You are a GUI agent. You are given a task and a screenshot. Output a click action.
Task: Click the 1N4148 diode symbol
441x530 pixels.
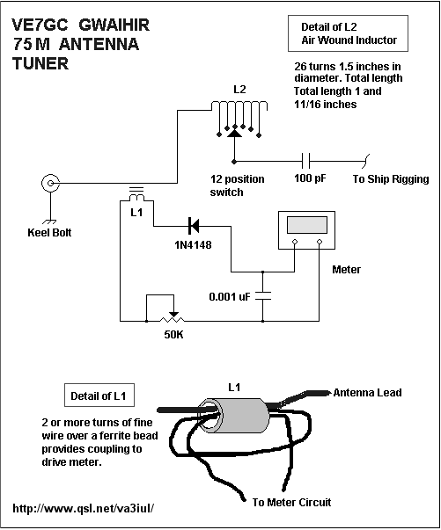195,226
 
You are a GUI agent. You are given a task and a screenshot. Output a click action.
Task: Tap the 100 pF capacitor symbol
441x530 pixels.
306,161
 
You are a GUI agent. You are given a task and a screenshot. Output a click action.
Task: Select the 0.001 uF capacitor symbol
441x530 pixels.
263,295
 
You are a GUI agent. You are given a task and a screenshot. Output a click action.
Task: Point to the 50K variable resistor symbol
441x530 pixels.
173,319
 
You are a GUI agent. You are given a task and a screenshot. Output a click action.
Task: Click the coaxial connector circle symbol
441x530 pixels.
51,183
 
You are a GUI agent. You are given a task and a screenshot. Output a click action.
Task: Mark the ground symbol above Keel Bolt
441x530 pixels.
50,222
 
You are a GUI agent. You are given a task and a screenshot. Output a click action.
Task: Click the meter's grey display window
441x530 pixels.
307,225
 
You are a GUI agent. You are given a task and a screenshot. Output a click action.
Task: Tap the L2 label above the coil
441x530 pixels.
239,90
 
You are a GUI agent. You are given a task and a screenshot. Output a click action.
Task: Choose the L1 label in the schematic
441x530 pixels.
136,213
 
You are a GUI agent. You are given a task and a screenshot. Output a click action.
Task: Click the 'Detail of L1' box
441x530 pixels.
99,395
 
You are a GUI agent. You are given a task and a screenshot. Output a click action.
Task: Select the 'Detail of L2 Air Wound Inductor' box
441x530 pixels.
348,33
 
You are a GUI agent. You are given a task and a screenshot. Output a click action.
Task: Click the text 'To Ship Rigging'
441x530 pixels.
391,178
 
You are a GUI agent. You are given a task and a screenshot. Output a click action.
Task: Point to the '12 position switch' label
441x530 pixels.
237,185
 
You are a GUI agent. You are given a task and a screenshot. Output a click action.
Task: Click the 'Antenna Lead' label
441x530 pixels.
368,392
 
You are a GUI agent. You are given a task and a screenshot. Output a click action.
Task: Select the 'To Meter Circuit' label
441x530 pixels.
291,502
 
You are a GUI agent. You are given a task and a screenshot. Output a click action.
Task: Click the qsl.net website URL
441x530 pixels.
84,508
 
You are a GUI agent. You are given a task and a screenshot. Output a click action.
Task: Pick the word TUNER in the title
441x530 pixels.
40,63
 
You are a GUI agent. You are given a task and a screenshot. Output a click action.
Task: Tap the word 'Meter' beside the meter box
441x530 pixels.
346,269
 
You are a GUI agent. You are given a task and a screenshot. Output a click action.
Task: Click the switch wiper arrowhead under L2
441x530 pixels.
234,134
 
